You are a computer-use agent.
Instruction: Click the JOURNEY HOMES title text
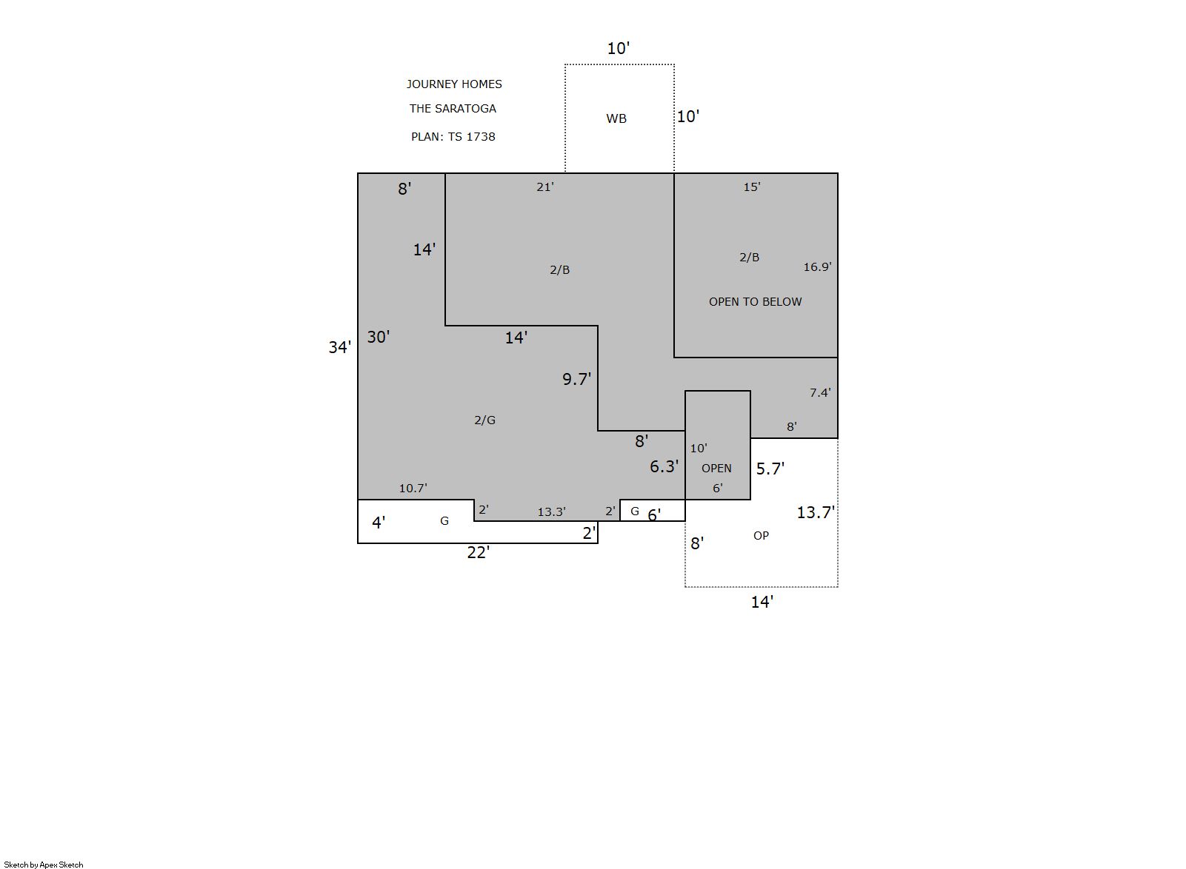(454, 84)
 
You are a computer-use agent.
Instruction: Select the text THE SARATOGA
(453, 108)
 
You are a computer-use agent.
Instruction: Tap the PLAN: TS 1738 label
(453, 136)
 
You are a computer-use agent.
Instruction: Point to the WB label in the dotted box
(616, 118)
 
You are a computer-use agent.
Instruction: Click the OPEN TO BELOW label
(755, 301)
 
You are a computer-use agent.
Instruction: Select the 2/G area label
(484, 420)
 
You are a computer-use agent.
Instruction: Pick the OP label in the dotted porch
(761, 535)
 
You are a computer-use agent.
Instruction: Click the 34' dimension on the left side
(339, 347)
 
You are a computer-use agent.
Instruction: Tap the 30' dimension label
(378, 337)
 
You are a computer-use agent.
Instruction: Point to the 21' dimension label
(544, 187)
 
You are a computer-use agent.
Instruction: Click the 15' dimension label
(752, 187)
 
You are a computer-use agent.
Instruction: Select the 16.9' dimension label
(817, 266)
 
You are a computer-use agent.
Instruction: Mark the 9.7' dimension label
(576, 379)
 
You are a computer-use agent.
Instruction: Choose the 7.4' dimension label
(819, 392)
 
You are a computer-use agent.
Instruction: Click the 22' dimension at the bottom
(478, 552)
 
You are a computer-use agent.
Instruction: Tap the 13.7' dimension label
(816, 512)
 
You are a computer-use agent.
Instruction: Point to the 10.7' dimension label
(413, 489)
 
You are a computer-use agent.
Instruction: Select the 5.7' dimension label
(770, 469)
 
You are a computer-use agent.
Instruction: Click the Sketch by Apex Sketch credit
(44, 865)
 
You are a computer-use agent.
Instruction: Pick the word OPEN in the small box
(716, 468)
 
